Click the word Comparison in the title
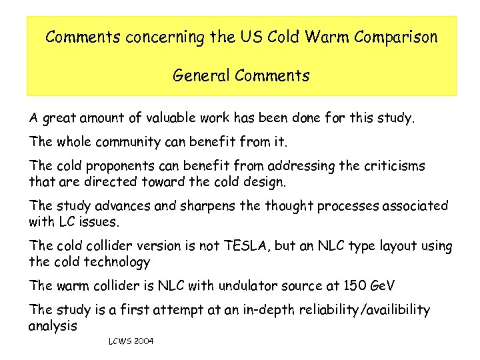pyautogui.click(x=396, y=37)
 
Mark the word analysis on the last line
pyautogui.click(x=53, y=327)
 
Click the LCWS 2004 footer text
pyautogui.click(x=131, y=341)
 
